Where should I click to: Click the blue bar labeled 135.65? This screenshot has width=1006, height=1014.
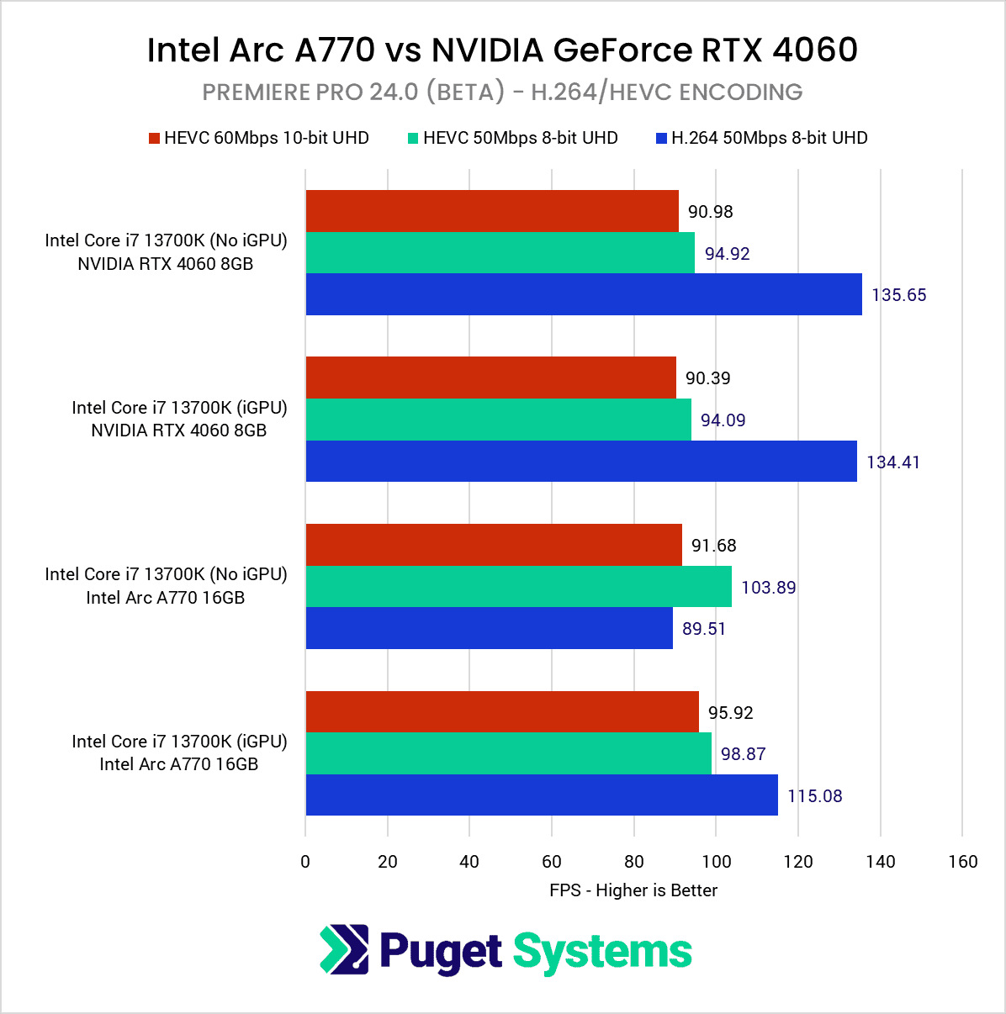click(x=584, y=294)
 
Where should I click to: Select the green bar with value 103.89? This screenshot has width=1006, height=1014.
click(x=518, y=587)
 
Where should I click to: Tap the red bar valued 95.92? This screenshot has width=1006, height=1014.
click(x=502, y=712)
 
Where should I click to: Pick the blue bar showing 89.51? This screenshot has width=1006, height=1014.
click(x=489, y=628)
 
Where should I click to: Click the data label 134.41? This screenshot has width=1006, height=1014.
click(x=892, y=462)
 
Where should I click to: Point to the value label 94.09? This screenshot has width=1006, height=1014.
click(x=723, y=420)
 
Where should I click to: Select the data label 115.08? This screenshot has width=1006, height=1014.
click(x=814, y=795)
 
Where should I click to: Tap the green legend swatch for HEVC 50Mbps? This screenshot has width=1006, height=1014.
click(x=413, y=139)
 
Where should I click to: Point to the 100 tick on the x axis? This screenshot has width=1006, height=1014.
click(x=716, y=861)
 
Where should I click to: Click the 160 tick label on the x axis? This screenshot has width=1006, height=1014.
click(x=962, y=861)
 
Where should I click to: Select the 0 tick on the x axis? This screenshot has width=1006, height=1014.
click(x=305, y=861)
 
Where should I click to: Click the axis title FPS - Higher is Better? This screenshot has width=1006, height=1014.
click(x=633, y=890)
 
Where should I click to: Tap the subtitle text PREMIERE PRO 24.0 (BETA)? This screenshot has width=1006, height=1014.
click(x=353, y=92)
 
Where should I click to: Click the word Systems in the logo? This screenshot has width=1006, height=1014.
click(x=602, y=953)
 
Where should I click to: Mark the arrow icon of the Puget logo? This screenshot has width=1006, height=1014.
click(x=344, y=949)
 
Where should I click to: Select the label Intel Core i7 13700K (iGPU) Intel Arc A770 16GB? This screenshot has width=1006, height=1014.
click(x=179, y=753)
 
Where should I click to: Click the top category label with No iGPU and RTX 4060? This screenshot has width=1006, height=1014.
click(x=166, y=252)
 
